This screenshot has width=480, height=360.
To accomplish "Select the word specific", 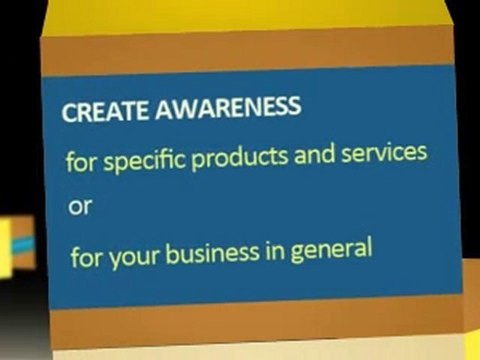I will (151, 159).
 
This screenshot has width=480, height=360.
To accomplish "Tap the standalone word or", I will (77, 209).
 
